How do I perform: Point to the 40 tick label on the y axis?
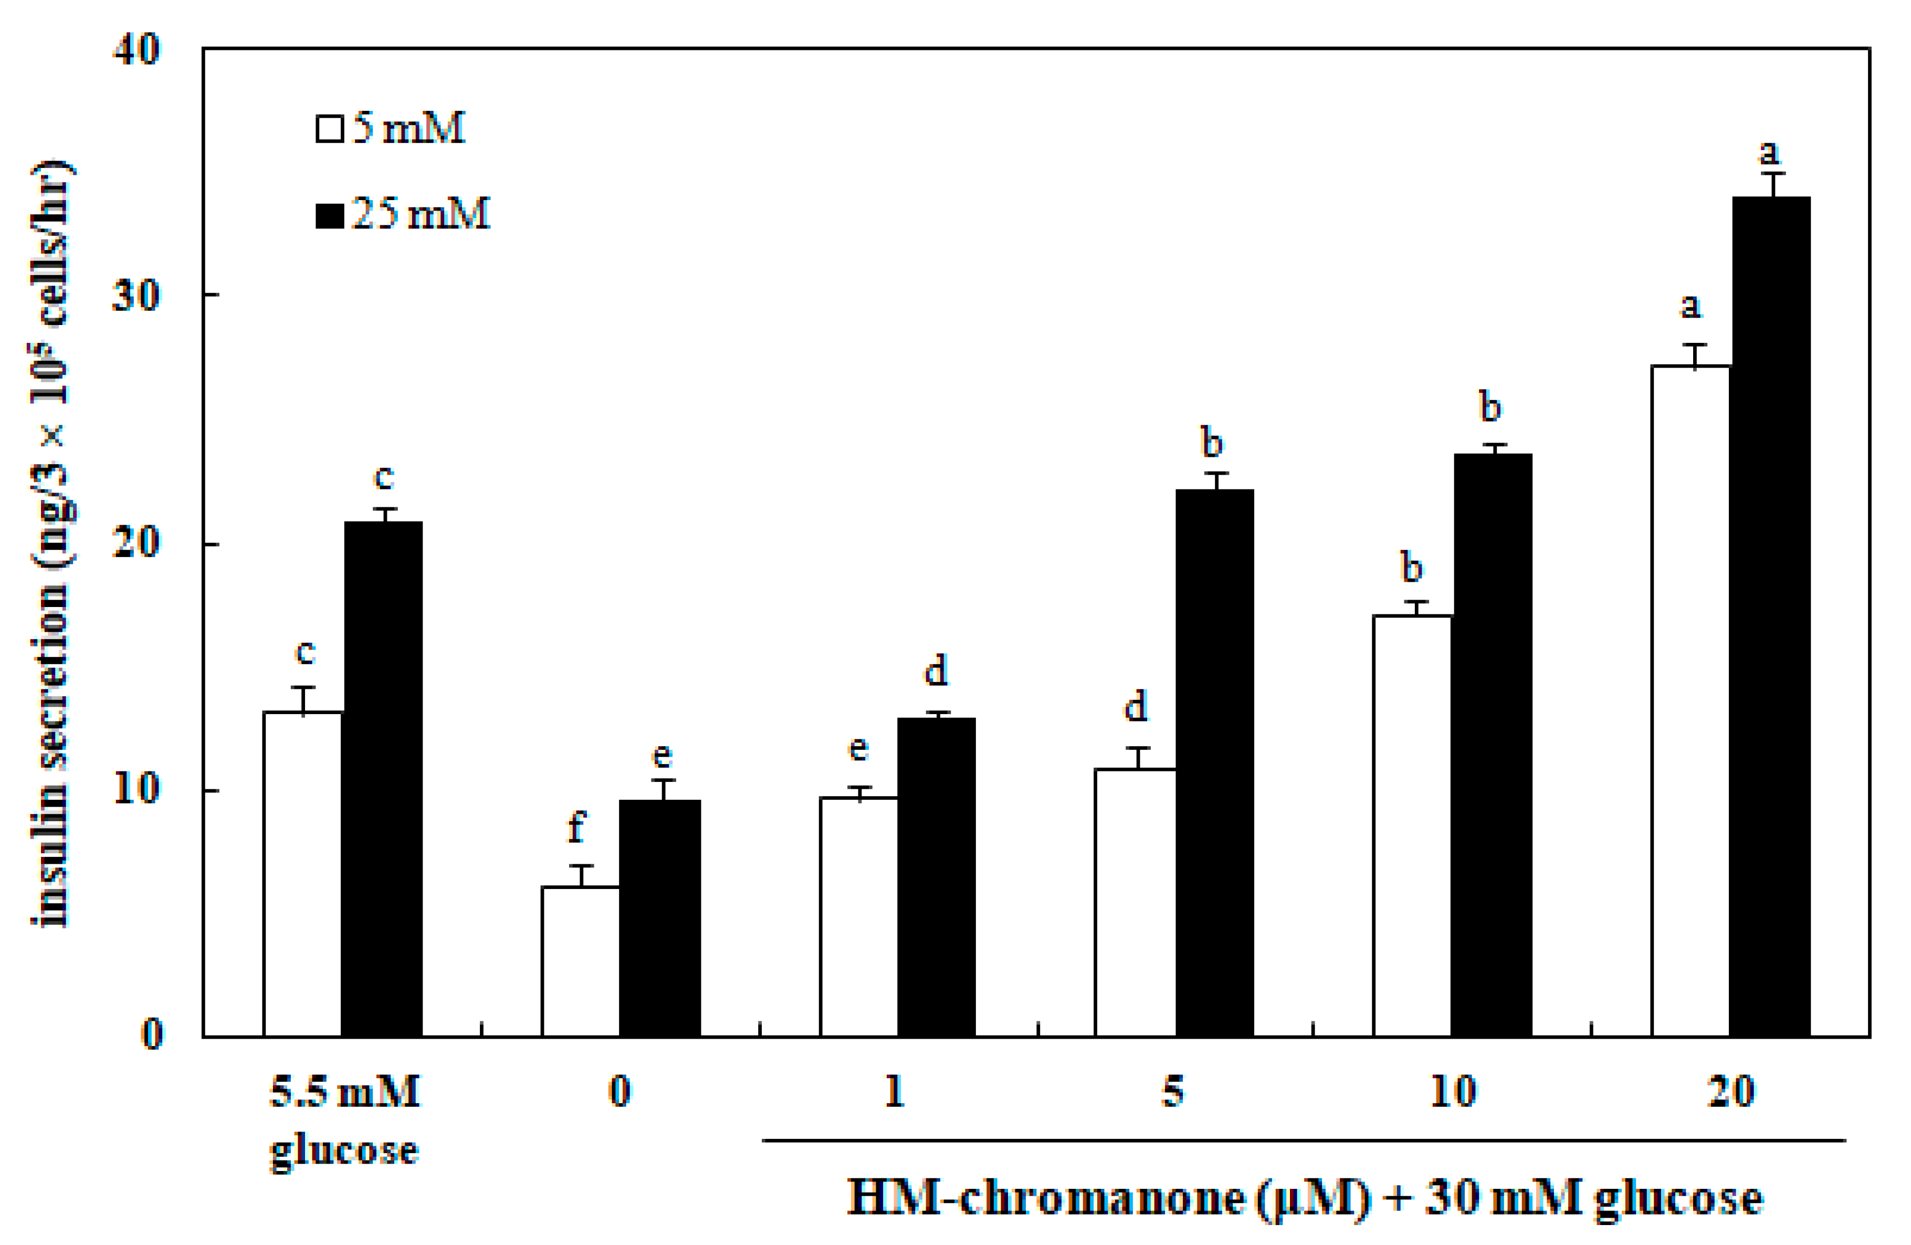tap(136, 50)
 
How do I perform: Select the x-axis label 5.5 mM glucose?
tap(344, 1121)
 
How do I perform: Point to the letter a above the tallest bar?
tap(1769, 151)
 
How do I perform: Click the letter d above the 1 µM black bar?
tap(936, 670)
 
